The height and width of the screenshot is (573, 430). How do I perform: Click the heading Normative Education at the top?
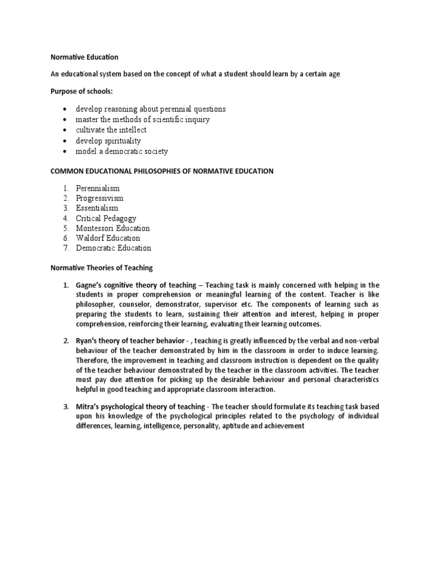tap(85, 57)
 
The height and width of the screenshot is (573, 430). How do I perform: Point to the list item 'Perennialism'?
tap(98, 188)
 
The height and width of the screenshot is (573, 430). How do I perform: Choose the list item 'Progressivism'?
tap(100, 198)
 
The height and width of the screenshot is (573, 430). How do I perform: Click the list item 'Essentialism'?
tap(97, 208)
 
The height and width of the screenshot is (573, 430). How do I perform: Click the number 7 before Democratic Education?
tap(66, 248)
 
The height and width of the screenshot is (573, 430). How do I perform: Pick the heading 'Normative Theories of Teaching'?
tap(102, 268)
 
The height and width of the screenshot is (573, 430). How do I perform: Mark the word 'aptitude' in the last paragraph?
tap(235, 426)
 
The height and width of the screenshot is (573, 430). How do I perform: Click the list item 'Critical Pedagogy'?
tap(106, 218)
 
